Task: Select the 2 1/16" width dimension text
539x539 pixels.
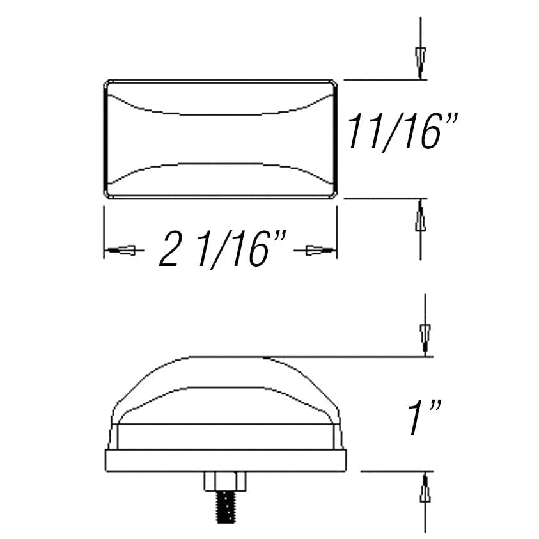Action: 221,249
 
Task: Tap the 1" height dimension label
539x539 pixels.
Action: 423,418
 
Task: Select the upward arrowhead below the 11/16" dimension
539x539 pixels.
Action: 420,218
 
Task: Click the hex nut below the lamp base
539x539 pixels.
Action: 225,480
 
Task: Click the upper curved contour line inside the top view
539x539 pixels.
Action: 221,114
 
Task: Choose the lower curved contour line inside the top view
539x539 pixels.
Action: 221,164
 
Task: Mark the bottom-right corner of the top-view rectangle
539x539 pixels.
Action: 335,197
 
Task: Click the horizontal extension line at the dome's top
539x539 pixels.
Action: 352,357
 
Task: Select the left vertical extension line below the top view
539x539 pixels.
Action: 104,230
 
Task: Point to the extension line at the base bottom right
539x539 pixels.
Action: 396,471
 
